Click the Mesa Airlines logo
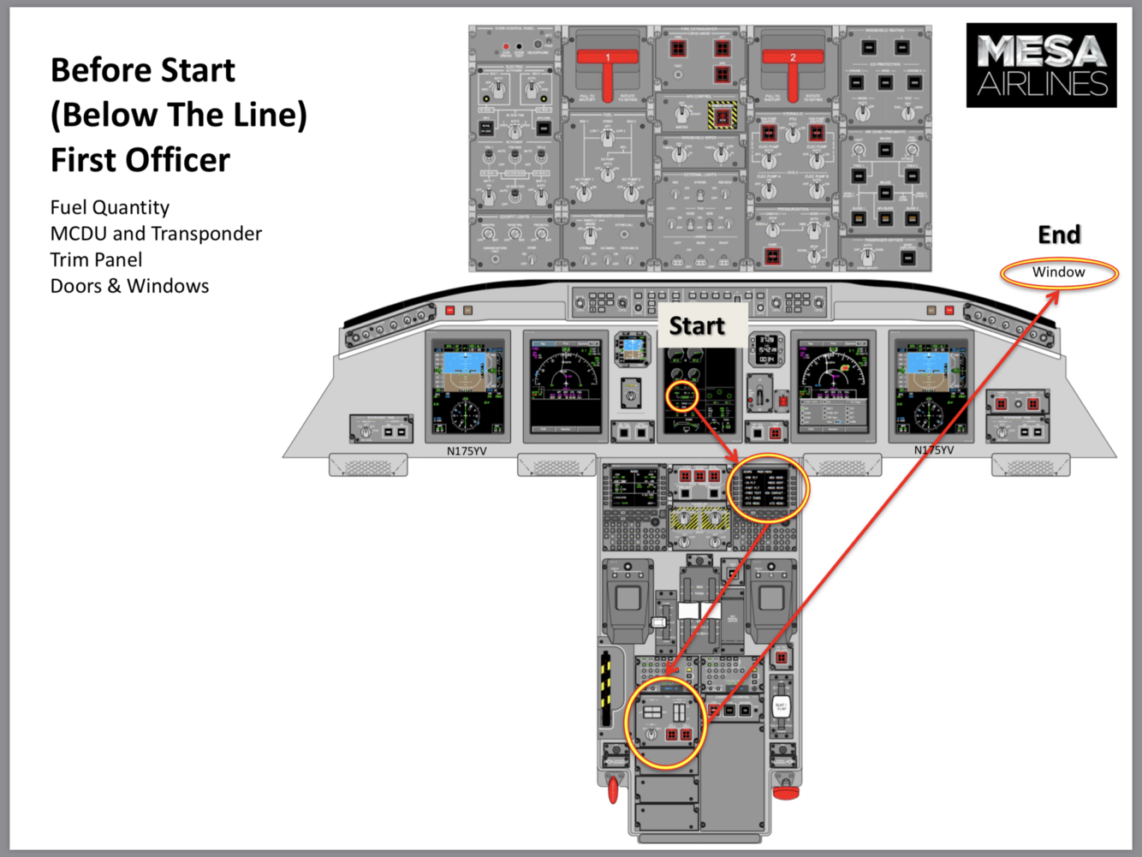(x=1041, y=65)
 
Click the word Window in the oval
(x=1058, y=272)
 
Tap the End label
(x=1059, y=235)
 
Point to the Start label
(x=696, y=326)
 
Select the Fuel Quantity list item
(x=110, y=207)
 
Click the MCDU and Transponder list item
(x=156, y=234)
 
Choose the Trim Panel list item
(x=96, y=259)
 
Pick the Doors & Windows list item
(x=129, y=286)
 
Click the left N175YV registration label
(x=467, y=450)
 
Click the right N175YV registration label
(x=933, y=450)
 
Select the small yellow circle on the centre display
(x=682, y=396)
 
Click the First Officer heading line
(x=140, y=160)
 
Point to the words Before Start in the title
(x=143, y=70)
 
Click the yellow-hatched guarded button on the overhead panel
(x=722, y=115)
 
